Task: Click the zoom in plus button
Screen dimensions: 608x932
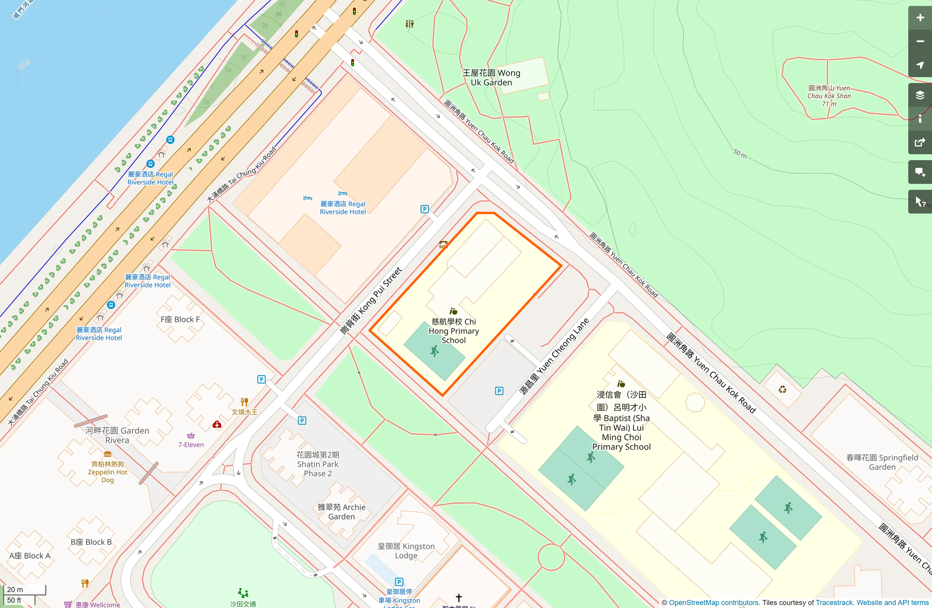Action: click(920, 18)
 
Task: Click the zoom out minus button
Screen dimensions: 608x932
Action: click(920, 42)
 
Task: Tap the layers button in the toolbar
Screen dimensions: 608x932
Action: click(920, 95)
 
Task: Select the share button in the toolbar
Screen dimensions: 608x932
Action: click(920, 143)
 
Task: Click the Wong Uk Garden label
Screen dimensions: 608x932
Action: click(491, 78)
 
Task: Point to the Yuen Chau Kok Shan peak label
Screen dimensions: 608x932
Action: click(829, 96)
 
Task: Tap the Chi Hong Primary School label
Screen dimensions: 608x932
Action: click(454, 331)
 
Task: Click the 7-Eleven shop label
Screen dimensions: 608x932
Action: click(191, 444)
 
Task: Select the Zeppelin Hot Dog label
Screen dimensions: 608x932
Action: click(107, 472)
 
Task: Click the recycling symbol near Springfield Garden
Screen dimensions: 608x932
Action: click(782, 390)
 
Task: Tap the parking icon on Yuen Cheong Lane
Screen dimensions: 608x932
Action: click(499, 391)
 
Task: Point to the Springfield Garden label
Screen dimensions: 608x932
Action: click(882, 462)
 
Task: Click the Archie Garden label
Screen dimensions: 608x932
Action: click(341, 512)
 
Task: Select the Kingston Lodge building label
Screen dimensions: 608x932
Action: click(406, 551)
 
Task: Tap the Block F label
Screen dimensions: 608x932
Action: click(180, 319)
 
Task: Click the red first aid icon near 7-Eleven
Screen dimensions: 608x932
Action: click(217, 425)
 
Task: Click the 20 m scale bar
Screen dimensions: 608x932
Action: click(25, 589)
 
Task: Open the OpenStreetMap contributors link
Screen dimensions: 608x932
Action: click(713, 603)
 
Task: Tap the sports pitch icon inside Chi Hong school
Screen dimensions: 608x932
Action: click(434, 351)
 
